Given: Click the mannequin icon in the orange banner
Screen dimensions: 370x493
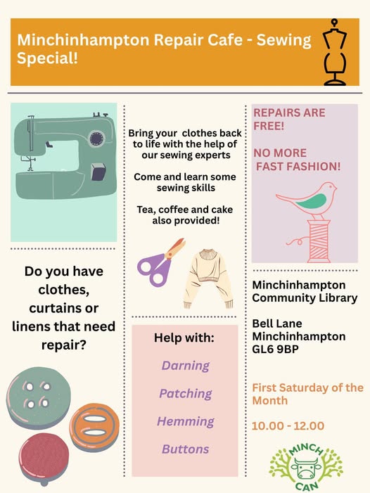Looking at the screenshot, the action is coord(335,52).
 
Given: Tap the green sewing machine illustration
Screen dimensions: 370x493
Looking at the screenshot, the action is coord(65,156).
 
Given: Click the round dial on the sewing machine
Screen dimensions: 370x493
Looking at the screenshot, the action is coord(97,139).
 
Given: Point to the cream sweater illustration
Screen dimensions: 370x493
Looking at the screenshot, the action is coord(208,278).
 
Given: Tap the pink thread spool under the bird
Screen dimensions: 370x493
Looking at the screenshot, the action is coord(319,241).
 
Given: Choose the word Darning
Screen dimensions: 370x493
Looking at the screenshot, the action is coord(186,366).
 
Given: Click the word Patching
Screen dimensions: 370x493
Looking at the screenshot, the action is coord(186,394).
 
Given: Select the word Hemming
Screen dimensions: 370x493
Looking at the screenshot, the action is coord(186,421).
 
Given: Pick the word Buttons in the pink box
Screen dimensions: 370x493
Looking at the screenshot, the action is coord(186,449).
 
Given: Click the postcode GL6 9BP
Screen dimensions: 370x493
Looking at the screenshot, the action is coord(275,350).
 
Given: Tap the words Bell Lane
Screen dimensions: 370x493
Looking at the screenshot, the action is coord(277,324).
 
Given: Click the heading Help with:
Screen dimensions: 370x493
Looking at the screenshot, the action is coord(184,338).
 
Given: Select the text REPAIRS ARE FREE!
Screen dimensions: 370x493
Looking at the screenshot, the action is coord(290,120).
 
